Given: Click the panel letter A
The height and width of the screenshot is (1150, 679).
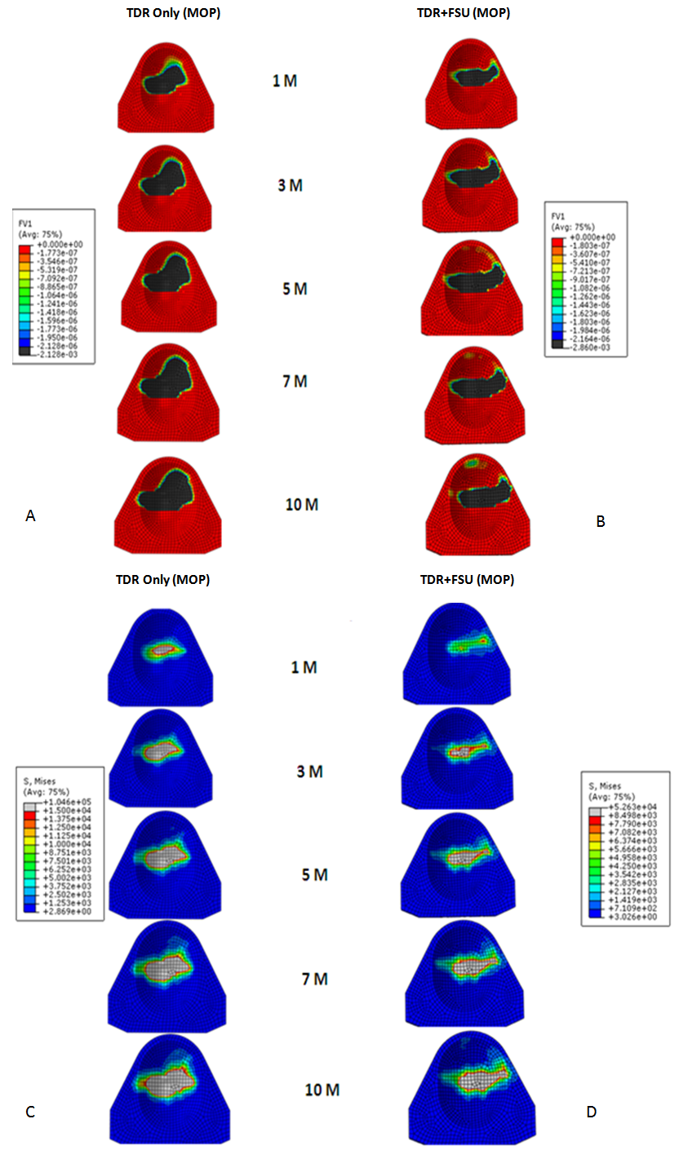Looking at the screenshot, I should (31, 515).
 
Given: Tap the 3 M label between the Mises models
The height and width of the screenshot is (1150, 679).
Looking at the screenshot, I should (309, 772).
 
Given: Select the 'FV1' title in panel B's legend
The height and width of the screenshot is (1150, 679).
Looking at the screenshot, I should (561, 219).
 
